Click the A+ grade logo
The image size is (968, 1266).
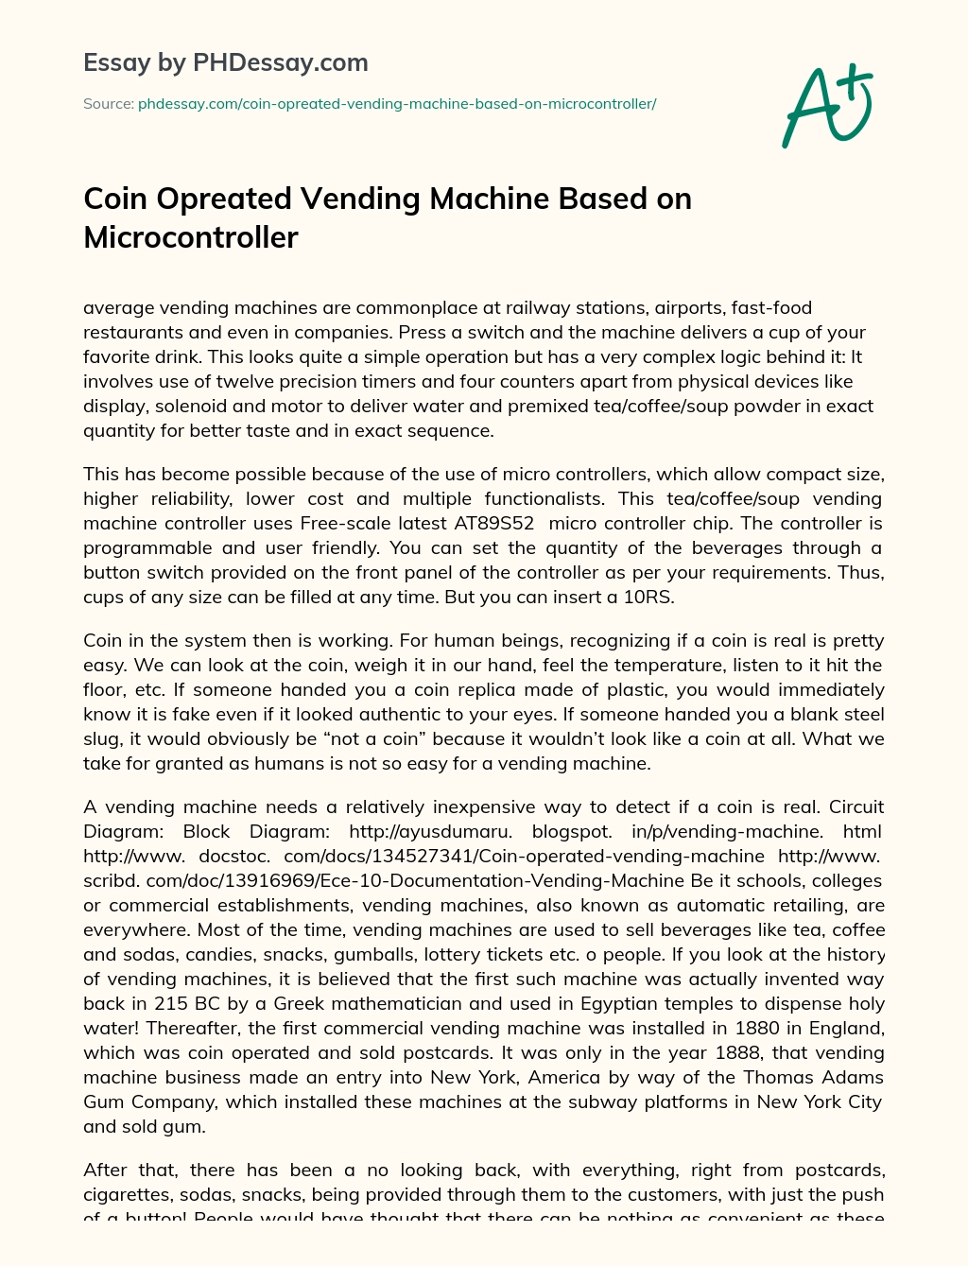pos(827,106)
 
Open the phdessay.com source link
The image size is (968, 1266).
pos(397,104)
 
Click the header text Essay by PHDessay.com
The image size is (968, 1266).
pos(226,63)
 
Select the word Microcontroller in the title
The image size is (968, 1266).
pos(191,237)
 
